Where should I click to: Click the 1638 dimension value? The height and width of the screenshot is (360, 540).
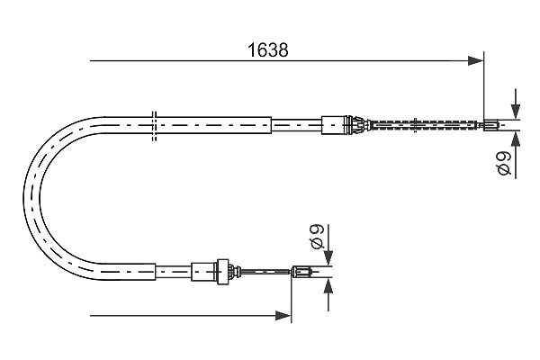pos(268,50)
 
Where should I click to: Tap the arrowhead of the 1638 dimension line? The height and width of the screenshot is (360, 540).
pos(476,60)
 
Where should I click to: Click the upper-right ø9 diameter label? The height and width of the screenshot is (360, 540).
pos(505,163)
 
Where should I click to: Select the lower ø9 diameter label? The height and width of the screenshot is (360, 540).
pos(317,237)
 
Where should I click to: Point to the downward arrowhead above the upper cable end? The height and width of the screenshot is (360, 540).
pos(516,112)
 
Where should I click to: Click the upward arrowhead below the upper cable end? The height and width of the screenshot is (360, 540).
pos(516,139)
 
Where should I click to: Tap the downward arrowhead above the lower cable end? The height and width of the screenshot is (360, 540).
pos(328,258)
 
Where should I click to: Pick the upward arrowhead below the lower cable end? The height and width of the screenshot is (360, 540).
pos(328,286)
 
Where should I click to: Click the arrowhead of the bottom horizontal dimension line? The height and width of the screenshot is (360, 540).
pos(283,315)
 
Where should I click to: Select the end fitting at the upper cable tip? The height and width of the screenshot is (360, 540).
pos(491,125)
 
